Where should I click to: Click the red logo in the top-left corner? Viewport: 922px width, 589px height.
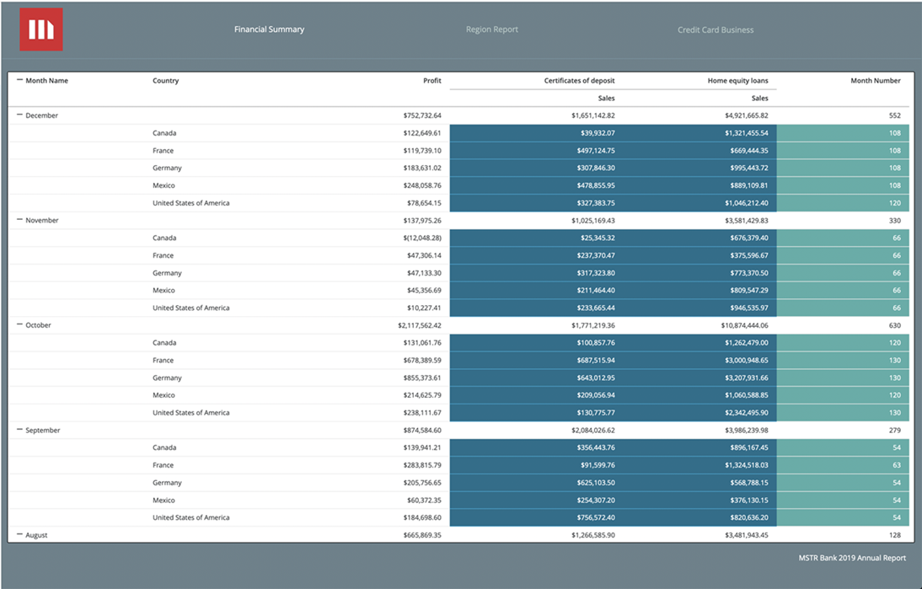[x=41, y=29]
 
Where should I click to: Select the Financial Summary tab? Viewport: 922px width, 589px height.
[x=269, y=29]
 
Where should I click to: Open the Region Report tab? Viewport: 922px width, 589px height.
[x=491, y=29]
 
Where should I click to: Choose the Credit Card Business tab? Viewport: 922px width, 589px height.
[x=716, y=30]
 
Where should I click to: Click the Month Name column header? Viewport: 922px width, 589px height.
[x=46, y=81]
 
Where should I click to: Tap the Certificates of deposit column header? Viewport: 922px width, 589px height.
[x=579, y=81]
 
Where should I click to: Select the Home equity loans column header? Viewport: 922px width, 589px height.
[x=737, y=81]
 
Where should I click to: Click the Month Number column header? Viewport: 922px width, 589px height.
[x=875, y=81]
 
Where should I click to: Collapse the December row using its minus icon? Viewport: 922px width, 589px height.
[x=19, y=115]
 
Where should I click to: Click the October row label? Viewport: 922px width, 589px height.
[x=39, y=325]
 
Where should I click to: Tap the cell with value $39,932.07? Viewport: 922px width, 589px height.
[x=592, y=133]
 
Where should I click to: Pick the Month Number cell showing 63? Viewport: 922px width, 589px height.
[x=895, y=465]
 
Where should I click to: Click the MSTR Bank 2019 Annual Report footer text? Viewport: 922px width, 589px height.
[x=852, y=558]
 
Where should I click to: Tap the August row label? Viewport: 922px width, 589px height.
[x=37, y=535]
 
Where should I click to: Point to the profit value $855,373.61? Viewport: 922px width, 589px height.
[x=421, y=377]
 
